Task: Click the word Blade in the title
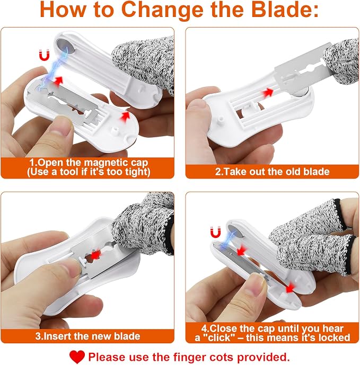[285, 10]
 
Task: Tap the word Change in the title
[162, 10]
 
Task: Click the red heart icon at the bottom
[77, 357]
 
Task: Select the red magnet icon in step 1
[45, 55]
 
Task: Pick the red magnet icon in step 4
[215, 232]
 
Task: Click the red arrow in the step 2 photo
[268, 93]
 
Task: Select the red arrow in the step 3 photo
[95, 255]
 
